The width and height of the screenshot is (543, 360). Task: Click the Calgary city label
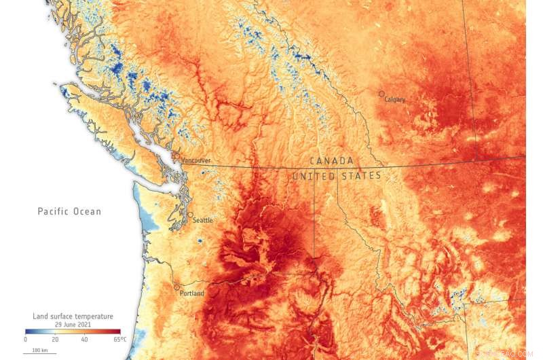pyautogui.click(x=395, y=99)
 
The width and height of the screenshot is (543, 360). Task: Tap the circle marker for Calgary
pyautogui.click(x=381, y=94)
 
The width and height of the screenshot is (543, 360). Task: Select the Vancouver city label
pyautogui.click(x=196, y=160)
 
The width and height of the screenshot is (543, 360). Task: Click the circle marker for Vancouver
pyautogui.click(x=176, y=156)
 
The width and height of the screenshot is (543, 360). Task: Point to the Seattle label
pyautogui.click(x=203, y=220)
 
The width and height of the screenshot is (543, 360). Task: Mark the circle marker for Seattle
pyautogui.click(x=190, y=215)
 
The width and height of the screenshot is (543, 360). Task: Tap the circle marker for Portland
pyautogui.click(x=177, y=287)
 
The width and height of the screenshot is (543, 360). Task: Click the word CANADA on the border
pyautogui.click(x=331, y=161)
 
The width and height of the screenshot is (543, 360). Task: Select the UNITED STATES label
pyautogui.click(x=337, y=176)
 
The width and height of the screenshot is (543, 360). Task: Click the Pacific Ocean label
pyautogui.click(x=69, y=212)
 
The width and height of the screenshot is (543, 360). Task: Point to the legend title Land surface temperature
pyautogui.click(x=73, y=317)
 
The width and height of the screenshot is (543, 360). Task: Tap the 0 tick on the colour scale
pyautogui.click(x=26, y=339)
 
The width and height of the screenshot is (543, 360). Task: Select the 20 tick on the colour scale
pyautogui.click(x=56, y=339)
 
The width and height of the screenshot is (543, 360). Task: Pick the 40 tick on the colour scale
pyautogui.click(x=86, y=339)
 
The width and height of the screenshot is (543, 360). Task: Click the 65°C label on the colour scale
pyautogui.click(x=119, y=339)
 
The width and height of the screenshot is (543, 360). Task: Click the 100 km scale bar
pyautogui.click(x=31, y=350)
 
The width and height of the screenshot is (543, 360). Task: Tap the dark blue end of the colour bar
pyautogui.click(x=28, y=331)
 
